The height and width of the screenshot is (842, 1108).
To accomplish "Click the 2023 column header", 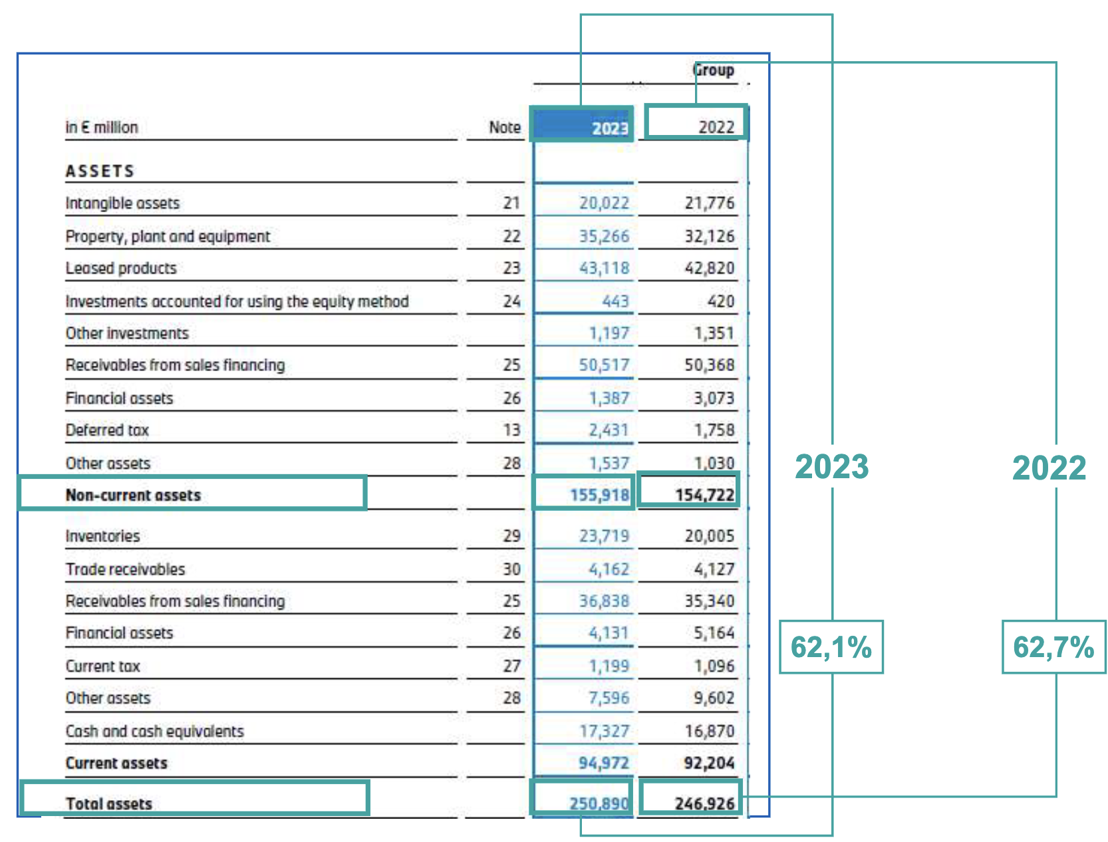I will (x=610, y=127).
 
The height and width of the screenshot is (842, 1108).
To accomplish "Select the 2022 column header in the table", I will (x=716, y=126).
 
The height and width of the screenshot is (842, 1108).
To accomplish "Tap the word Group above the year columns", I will (x=714, y=70).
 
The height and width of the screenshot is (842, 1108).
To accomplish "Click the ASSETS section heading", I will (x=100, y=171).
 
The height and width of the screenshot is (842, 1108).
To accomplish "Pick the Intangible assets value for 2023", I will (x=603, y=203).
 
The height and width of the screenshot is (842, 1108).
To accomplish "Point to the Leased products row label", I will (x=121, y=268).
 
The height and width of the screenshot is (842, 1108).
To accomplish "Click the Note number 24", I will (x=511, y=301).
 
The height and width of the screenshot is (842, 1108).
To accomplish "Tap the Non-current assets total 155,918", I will (x=599, y=495).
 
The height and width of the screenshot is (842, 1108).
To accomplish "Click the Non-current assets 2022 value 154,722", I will (x=704, y=495).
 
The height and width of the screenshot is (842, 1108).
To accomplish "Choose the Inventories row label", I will (x=102, y=536).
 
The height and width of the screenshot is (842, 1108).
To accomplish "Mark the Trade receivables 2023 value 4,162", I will (x=608, y=569).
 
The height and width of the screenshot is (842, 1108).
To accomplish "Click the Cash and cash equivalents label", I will (x=154, y=731).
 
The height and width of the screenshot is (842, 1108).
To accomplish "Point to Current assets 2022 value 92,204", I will (x=708, y=763).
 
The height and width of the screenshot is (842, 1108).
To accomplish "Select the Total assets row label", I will (x=109, y=803).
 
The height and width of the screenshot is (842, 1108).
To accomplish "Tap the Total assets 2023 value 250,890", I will (x=599, y=803).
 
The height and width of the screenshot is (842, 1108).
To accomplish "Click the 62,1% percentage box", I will (x=831, y=647).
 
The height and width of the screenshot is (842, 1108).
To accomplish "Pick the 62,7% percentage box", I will (x=1053, y=647).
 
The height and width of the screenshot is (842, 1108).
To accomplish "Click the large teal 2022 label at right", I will (x=1049, y=468).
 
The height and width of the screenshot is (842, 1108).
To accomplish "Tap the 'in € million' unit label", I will (x=102, y=127).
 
